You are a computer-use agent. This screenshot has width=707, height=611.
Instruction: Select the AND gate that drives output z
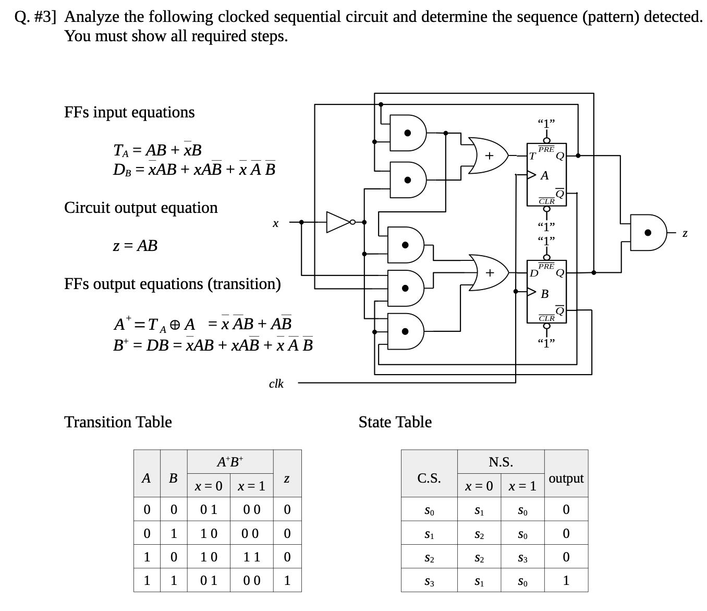649,233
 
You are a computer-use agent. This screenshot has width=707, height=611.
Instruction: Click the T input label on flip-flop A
532,157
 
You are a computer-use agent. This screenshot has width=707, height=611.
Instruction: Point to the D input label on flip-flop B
533,273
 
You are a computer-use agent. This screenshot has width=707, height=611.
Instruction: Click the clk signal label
276,384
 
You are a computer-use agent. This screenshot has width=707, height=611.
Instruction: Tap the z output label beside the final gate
685,233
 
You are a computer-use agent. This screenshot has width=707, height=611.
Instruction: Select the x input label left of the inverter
275,223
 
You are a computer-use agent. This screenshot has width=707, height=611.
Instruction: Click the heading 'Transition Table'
118,422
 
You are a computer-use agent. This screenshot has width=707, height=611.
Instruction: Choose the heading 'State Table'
395,422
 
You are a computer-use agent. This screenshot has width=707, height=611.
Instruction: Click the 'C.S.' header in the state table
429,478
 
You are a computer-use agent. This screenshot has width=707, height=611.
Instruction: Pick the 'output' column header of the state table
566,478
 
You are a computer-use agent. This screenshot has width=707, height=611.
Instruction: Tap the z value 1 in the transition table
287,580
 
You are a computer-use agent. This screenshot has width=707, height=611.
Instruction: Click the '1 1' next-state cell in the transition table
252,557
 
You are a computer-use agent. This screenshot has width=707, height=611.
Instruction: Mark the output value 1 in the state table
566,580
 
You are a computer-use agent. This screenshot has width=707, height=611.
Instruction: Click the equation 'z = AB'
135,245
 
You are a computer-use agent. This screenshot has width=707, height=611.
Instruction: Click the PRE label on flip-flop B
546,266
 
